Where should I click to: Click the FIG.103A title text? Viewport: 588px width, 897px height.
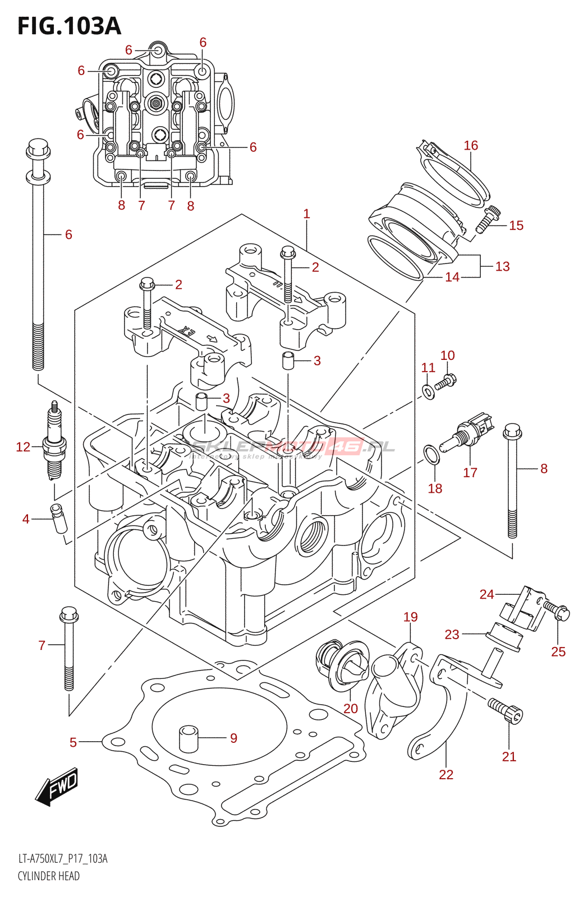(69, 26)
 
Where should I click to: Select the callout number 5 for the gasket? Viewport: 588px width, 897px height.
(73, 742)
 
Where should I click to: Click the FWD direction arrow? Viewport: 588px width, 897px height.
(57, 787)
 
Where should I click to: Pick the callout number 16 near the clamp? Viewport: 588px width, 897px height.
(471, 145)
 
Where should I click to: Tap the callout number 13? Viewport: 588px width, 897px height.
(503, 266)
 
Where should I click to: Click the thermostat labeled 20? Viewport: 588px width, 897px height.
(341, 664)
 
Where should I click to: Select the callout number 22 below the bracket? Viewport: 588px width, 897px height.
(446, 774)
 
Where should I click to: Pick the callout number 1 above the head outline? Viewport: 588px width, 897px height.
(306, 214)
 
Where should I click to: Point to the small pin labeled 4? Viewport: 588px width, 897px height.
(59, 520)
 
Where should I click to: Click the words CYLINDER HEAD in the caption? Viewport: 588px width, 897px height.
(48, 876)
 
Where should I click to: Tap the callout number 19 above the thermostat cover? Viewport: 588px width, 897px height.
(411, 617)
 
